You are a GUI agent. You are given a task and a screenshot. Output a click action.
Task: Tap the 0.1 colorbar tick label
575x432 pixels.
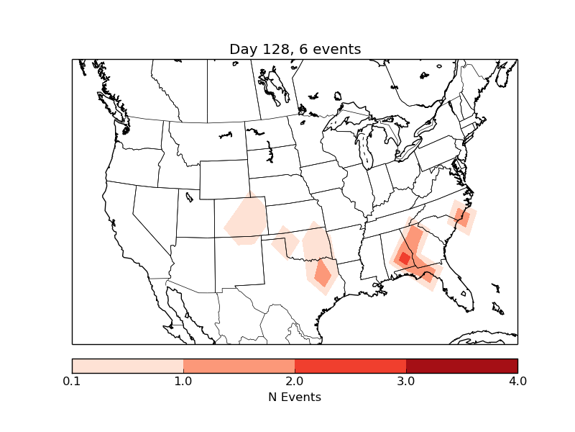pos(72,381)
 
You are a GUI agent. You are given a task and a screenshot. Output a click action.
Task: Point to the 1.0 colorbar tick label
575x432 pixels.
pos(183,381)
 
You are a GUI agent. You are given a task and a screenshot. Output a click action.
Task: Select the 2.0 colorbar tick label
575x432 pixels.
pos(295,381)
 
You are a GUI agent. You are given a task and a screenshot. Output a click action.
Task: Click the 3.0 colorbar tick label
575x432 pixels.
pos(406,381)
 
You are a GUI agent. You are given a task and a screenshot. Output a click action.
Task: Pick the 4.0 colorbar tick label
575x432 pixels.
pos(517,381)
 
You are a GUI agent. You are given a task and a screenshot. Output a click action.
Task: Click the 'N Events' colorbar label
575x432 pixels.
pos(295,397)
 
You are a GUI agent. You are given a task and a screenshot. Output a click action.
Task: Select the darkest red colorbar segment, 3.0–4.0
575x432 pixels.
pos(461,365)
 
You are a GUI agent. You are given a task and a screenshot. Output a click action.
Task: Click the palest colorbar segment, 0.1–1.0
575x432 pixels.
pos(128,365)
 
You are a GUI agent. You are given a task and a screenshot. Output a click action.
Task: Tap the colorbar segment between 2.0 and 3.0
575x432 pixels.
pos(350,365)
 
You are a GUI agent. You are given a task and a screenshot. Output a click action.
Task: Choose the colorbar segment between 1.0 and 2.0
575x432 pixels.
pos(239,365)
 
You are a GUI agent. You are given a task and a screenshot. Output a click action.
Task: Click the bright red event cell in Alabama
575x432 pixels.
pos(405,258)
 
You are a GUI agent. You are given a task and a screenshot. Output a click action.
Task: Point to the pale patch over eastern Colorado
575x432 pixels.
pos(247,221)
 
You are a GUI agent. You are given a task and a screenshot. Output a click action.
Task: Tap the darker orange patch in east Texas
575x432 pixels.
pos(323,274)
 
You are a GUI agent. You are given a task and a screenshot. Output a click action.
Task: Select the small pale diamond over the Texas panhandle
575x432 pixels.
pos(285,242)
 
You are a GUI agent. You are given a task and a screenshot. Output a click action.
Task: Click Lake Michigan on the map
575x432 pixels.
pos(364,151)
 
